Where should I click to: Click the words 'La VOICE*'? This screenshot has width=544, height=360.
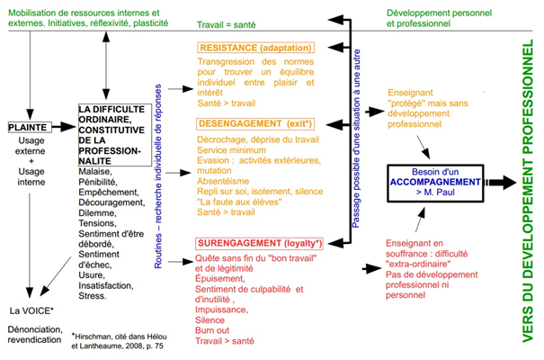(x=31, y=310)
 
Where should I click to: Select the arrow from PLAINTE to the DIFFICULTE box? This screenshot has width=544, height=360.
(x=66, y=127)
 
